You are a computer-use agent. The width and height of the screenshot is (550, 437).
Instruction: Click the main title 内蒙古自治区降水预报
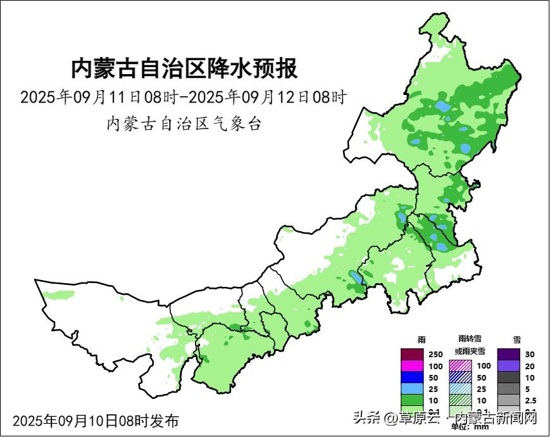coord(184,68)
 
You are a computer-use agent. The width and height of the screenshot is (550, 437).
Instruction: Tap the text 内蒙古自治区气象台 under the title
coord(184,123)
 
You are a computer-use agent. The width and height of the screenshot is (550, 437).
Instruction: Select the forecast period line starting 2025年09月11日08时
coord(184,98)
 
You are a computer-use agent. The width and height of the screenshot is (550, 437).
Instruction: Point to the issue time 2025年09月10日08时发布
coord(96,421)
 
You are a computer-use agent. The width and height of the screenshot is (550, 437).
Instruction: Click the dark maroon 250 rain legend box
coord(412,354)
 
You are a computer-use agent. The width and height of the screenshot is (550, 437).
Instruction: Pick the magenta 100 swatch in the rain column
coord(412,365)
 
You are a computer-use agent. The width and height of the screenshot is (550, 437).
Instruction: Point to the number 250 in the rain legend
coord(435,354)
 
